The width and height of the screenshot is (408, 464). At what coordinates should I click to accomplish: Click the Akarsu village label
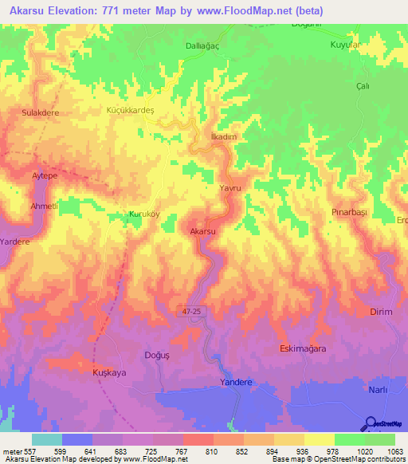click(203, 231)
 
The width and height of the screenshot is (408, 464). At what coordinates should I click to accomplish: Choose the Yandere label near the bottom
click(236, 383)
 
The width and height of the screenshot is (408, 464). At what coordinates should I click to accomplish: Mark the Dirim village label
click(382, 312)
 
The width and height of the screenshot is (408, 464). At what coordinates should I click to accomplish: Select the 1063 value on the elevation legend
click(394, 452)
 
